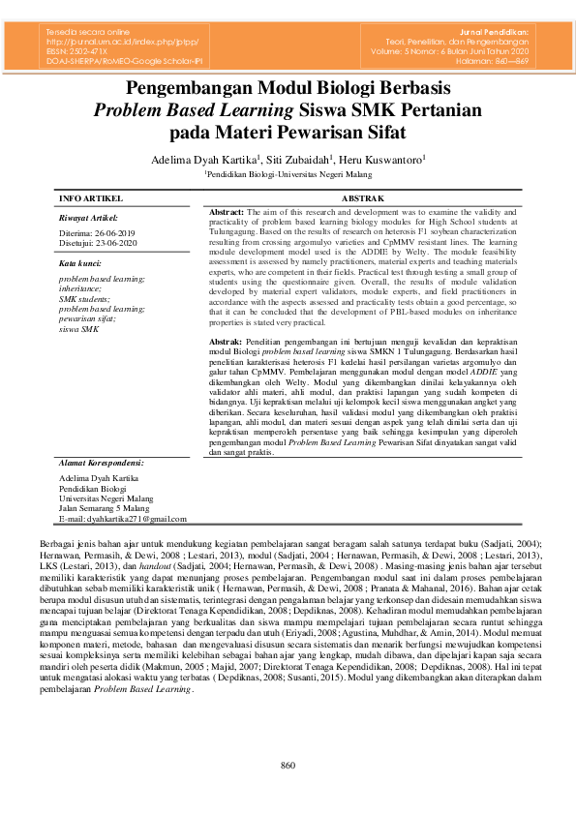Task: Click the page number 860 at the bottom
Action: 288,767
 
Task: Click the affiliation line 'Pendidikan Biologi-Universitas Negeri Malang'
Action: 288,174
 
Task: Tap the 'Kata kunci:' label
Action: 80,262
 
